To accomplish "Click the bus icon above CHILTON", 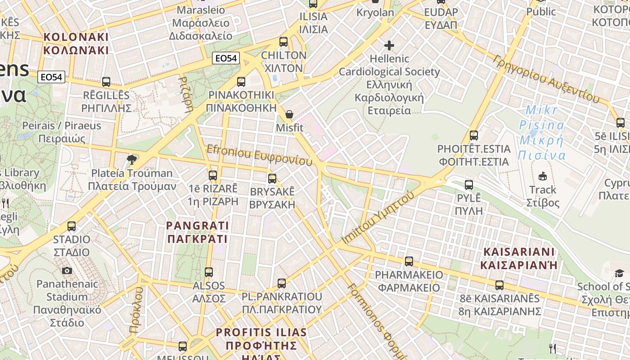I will pyautogui.click(x=283, y=42).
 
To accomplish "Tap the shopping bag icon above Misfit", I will pyautogui.click(x=289, y=114).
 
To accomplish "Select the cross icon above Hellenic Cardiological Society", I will pyautogui.click(x=389, y=45).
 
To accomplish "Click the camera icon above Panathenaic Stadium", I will pyautogui.click(x=67, y=270).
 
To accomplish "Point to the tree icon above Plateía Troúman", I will pyautogui.click(x=132, y=159).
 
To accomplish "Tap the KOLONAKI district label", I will pyautogui.click(x=76, y=43).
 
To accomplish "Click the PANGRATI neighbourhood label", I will pyautogui.click(x=198, y=232).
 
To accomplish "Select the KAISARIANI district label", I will pyautogui.click(x=519, y=258).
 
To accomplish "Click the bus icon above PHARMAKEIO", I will pyautogui.click(x=409, y=261).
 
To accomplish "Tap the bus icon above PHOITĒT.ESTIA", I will pyautogui.click(x=473, y=135).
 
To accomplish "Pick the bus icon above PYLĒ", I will pyautogui.click(x=469, y=184).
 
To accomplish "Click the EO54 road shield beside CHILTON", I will pyautogui.click(x=226, y=58).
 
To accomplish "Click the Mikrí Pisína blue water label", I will pyautogui.click(x=541, y=133).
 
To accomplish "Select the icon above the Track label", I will pyautogui.click(x=543, y=176).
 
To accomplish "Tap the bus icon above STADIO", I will pyautogui.click(x=72, y=226).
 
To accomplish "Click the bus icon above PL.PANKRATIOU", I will pyautogui.click(x=282, y=283).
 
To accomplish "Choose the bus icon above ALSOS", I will pyautogui.click(x=209, y=272).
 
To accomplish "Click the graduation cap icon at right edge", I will pyautogui.click(x=619, y=273).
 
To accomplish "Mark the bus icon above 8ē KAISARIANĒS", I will pyautogui.click(x=499, y=285).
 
